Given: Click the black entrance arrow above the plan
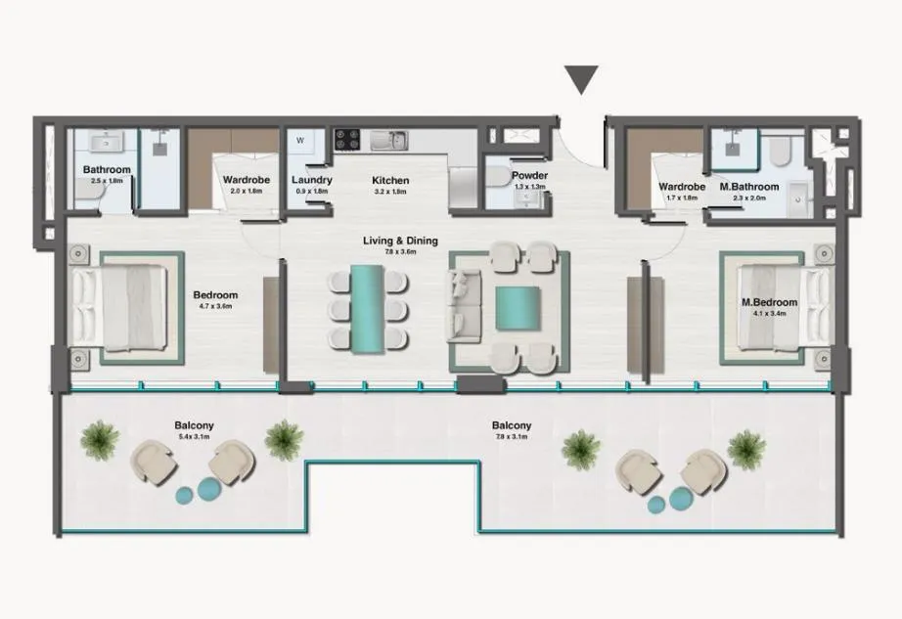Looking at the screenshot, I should pos(582,79).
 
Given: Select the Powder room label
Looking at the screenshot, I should pos(529,176).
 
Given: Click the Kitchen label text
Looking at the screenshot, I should pos(389,181).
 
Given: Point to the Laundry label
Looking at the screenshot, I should pos(312,181).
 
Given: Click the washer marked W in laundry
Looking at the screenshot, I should pos(300,140).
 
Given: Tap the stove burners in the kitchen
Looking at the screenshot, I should pos(346,139).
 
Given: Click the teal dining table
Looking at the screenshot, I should pos(368,307).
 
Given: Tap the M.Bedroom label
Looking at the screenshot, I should pos(770,302).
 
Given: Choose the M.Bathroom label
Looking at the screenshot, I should pos(748,187).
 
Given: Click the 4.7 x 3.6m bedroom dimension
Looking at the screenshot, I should pos(214,306).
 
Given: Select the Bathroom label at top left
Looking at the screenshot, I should pos(107,170).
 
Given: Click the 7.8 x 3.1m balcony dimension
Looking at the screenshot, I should pos(512,437).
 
